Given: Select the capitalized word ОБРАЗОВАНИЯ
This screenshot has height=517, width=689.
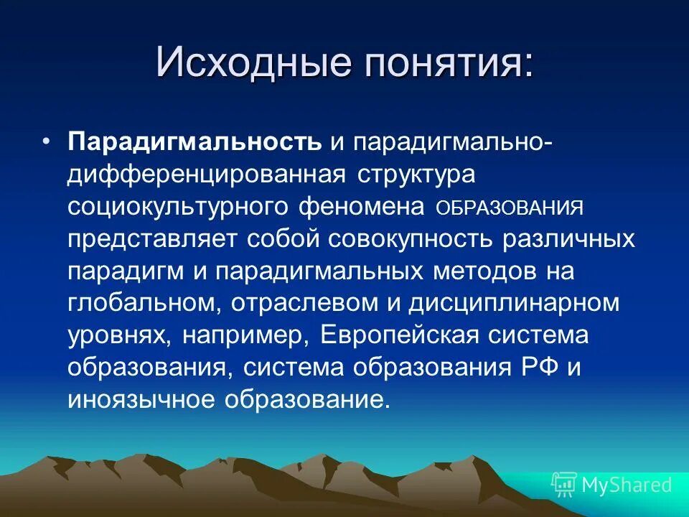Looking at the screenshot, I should click(x=509, y=208).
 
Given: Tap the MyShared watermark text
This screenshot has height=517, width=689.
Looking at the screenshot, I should click(x=627, y=485).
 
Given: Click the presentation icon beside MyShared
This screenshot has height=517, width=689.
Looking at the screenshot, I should click(x=564, y=485).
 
